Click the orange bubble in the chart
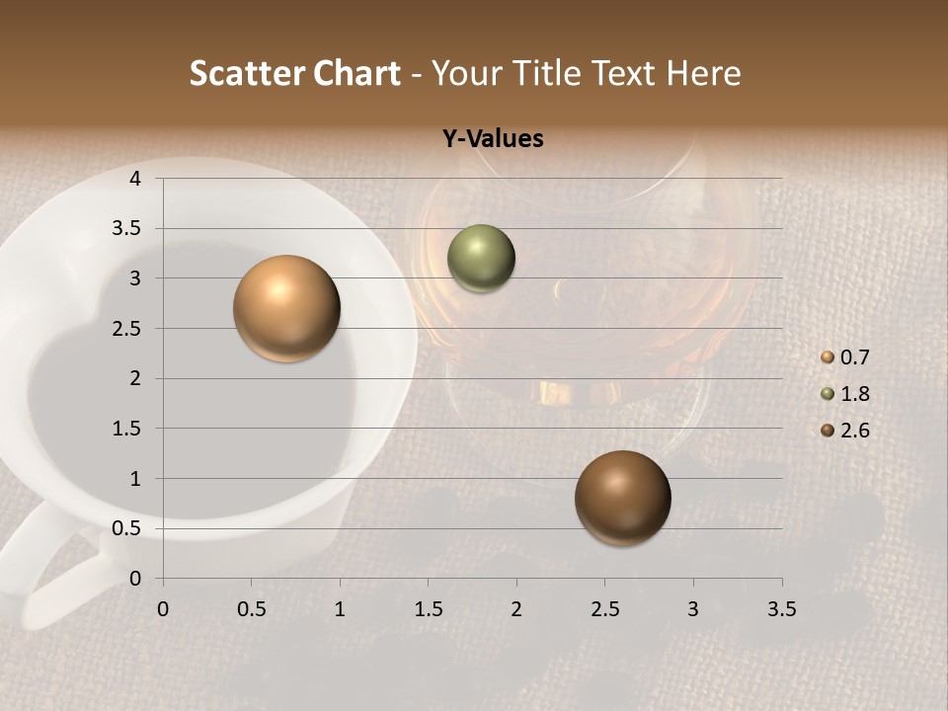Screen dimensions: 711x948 click(x=286, y=308)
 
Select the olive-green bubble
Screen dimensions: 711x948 click(x=481, y=258)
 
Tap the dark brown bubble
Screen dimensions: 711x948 click(x=622, y=498)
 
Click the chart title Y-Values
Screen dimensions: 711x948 click(x=492, y=138)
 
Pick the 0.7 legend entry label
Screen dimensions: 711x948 click(x=854, y=357)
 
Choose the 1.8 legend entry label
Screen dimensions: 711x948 click(x=854, y=394)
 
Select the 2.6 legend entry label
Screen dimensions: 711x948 click(x=854, y=431)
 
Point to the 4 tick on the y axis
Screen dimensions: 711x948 click(x=136, y=179)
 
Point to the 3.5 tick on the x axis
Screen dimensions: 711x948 click(x=781, y=609)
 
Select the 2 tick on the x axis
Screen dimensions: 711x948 click(x=516, y=609)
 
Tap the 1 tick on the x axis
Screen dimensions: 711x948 click(x=340, y=609)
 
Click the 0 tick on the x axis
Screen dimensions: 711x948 click(x=163, y=609)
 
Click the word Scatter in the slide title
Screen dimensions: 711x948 click(x=246, y=73)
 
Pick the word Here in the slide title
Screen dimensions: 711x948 click(x=703, y=73)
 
